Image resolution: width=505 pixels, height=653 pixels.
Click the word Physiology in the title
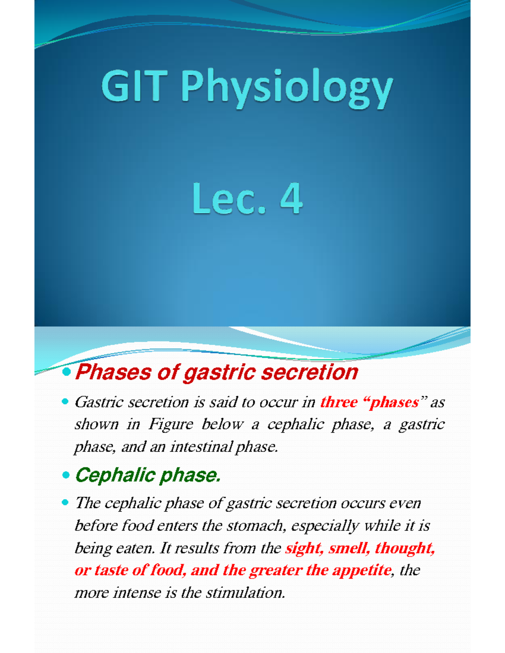point(287,89)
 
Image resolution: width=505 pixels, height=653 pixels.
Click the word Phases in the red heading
point(113,372)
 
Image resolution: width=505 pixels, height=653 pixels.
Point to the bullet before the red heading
point(66,372)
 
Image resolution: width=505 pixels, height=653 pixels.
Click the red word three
point(339,402)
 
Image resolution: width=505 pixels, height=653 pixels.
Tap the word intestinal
point(201,446)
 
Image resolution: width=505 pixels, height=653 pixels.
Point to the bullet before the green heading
point(66,476)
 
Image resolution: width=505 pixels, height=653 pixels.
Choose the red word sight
point(304,548)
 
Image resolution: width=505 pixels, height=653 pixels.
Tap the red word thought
point(404,548)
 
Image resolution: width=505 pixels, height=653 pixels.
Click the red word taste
point(111,570)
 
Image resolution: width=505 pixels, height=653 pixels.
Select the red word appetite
point(361,571)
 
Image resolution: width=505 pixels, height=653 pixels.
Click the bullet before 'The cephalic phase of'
point(65,502)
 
